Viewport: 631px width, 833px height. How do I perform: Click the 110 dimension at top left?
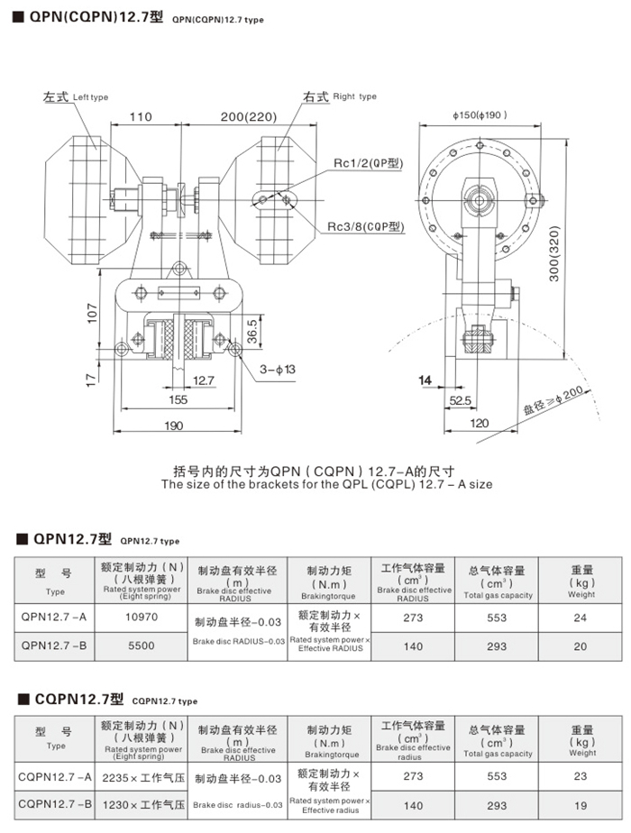tap(140, 117)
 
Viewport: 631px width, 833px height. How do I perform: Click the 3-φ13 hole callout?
tap(278, 370)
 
